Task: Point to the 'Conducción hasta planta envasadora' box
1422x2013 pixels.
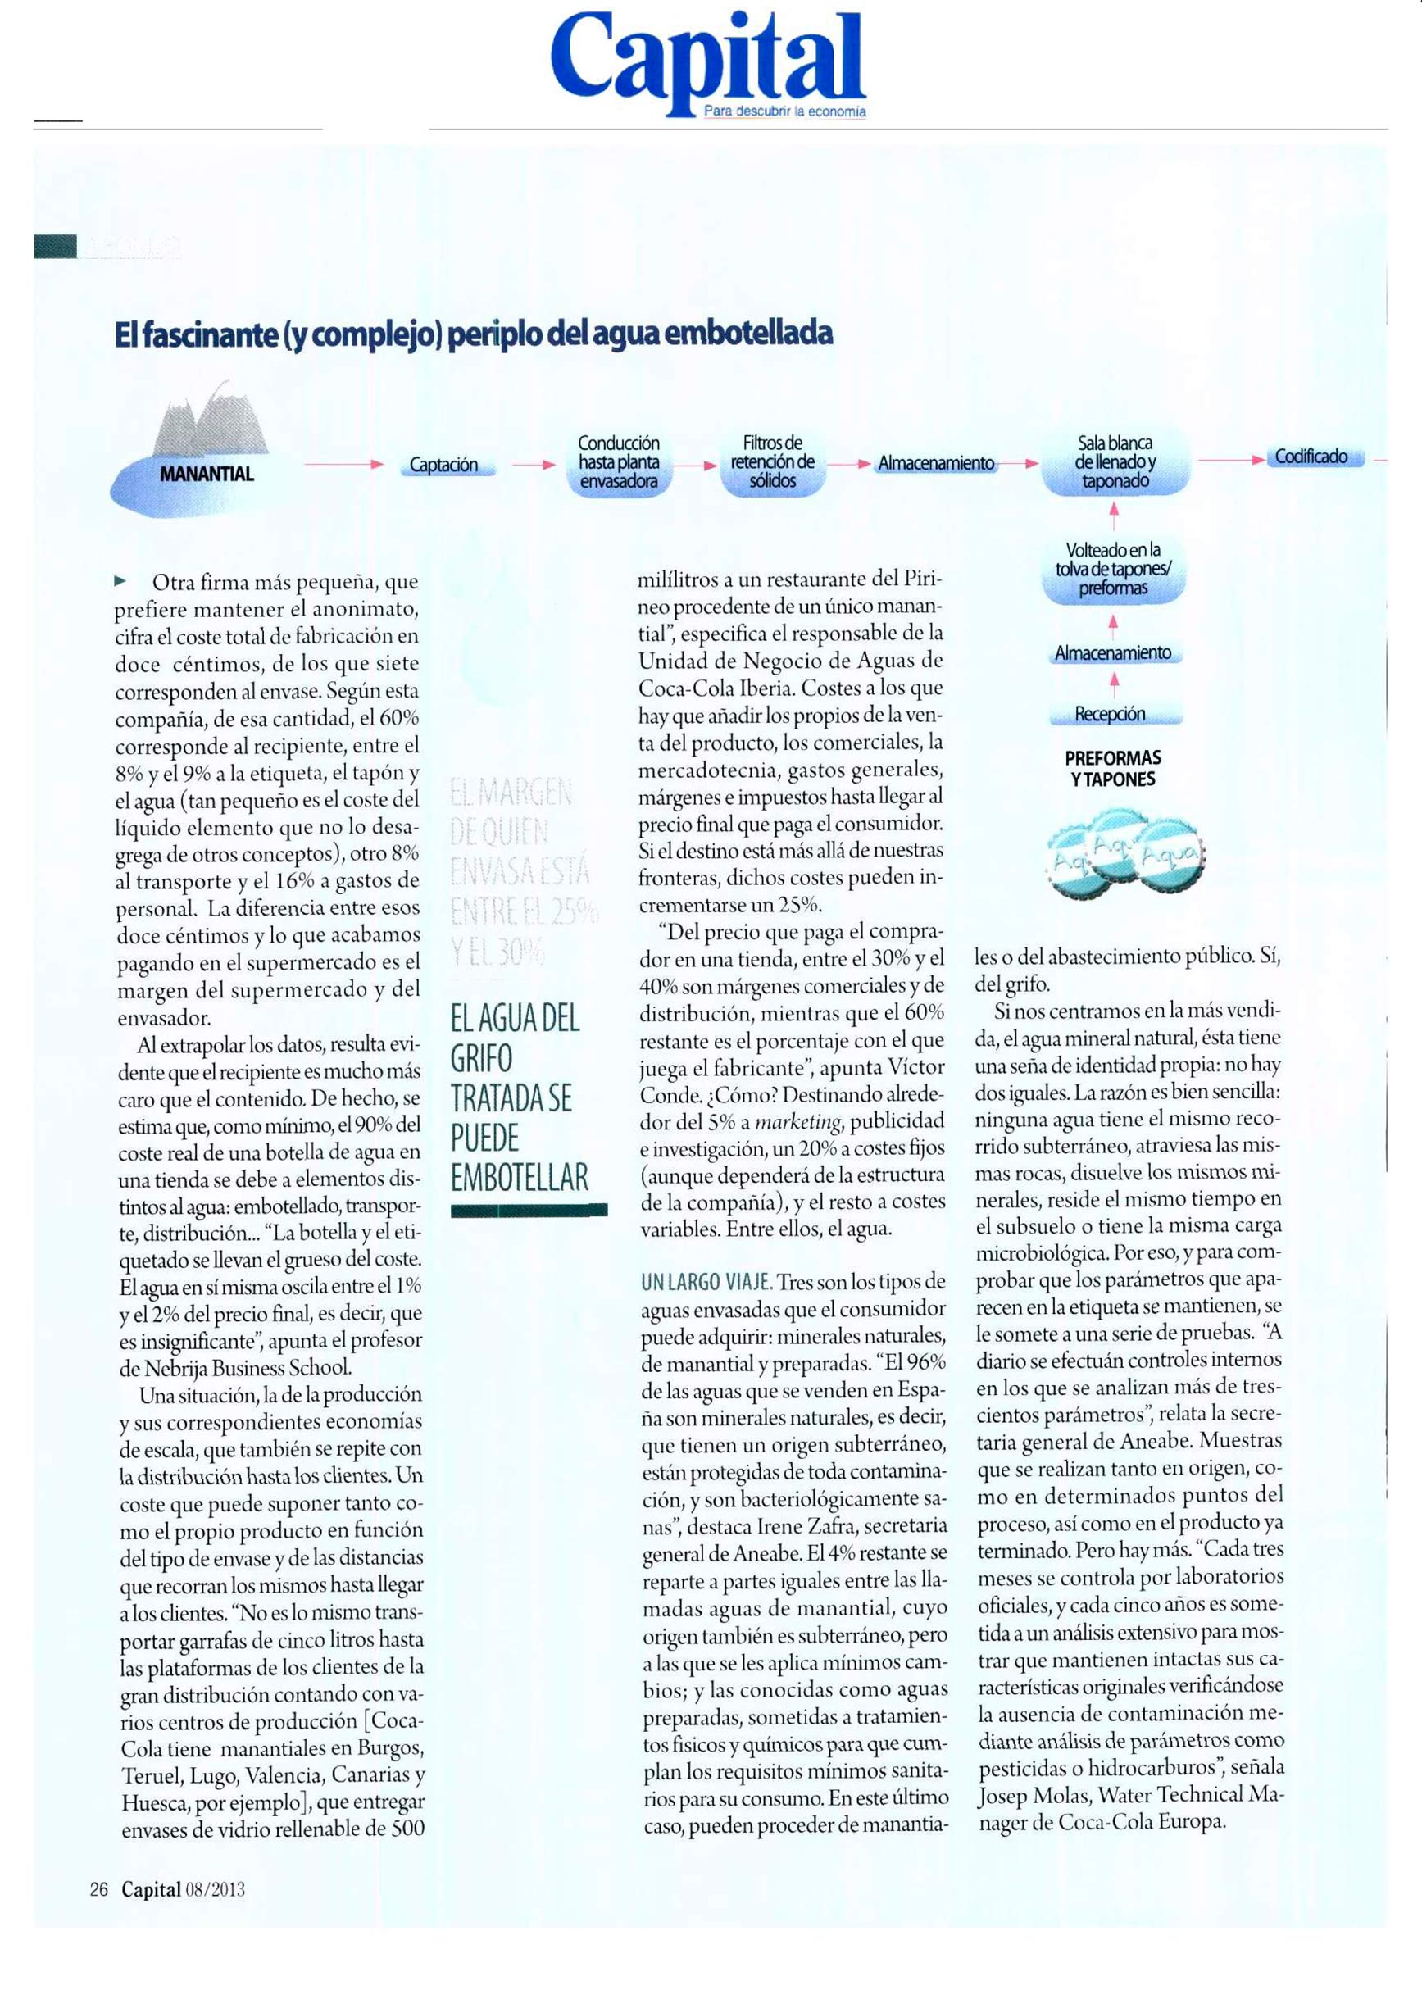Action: point(618,462)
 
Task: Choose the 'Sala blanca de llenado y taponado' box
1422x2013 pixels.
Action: point(1115,462)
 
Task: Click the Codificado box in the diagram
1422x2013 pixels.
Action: point(1311,457)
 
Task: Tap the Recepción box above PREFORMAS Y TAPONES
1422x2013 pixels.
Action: point(1110,715)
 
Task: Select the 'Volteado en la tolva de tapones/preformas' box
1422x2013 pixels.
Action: point(1112,569)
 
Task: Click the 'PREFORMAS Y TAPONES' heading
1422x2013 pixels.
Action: point(1112,768)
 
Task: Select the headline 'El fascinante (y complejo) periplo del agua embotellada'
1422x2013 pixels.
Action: point(474,334)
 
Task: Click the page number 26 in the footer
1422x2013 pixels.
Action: point(98,1889)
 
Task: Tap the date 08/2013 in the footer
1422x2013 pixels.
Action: point(215,1889)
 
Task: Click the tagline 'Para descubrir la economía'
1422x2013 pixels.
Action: point(784,112)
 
